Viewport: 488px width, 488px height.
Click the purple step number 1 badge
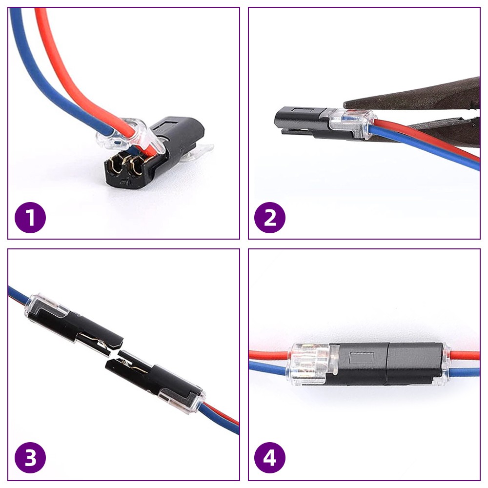click(30, 217)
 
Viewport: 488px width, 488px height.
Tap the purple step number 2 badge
click(270, 217)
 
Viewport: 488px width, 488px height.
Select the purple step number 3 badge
click(30, 459)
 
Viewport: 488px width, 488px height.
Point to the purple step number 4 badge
click(270, 459)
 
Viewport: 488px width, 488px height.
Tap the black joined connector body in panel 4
click(390, 364)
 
